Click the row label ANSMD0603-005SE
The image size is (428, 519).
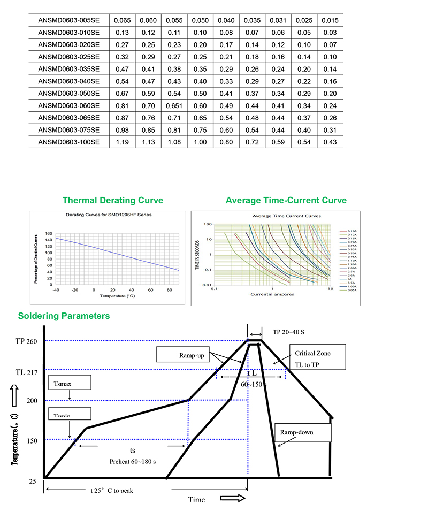69,21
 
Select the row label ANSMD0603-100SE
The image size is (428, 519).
69,142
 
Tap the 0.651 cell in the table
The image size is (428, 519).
174,105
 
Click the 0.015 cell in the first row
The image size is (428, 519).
330,21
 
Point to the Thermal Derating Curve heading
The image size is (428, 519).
113,201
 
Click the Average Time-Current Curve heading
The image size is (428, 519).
286,201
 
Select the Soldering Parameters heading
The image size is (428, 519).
64,316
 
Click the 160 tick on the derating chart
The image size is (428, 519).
49,234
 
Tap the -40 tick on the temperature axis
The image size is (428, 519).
56,289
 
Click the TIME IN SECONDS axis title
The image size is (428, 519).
197,254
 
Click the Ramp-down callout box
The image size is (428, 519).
301,432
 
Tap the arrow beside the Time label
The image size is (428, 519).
233,498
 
